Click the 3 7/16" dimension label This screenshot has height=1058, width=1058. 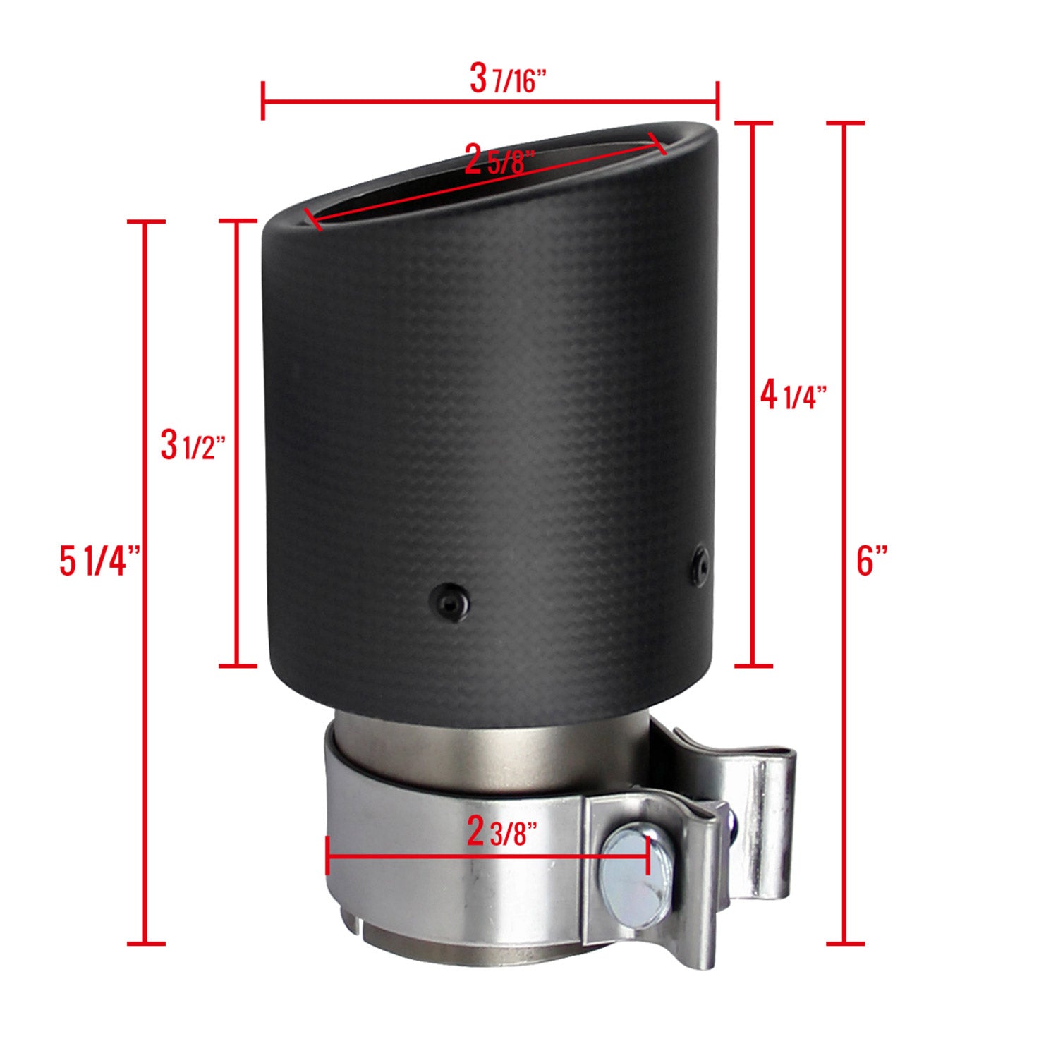click(508, 80)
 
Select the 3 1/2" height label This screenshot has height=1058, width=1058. click(192, 446)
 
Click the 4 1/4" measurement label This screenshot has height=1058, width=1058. click(792, 397)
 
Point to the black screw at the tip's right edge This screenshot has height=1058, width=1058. click(700, 563)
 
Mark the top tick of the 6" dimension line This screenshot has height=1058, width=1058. click(844, 123)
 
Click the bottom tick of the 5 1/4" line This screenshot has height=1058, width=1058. click(145, 943)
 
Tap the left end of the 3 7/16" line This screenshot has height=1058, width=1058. click(263, 101)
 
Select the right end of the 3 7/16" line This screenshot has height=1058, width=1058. click(717, 101)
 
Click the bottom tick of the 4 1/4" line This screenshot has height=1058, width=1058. click(754, 664)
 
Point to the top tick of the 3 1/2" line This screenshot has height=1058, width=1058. click(236, 221)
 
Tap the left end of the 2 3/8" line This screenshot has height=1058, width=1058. click(327, 856)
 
